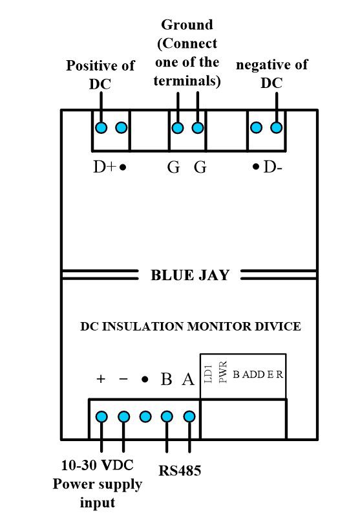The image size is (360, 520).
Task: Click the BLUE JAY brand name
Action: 190,276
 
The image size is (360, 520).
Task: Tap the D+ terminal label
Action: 105,167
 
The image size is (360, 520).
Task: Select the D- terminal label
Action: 273,167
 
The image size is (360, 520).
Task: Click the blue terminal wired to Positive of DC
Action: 101,127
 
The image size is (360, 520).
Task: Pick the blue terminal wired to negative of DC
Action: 277,127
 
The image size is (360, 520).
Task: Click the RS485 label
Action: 180,471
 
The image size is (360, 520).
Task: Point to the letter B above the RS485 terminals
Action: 166,379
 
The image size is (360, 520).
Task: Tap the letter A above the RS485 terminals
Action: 188,379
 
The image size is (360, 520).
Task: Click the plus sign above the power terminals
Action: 101,379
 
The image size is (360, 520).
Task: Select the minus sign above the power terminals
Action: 123,379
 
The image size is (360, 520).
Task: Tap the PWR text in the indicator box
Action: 223,373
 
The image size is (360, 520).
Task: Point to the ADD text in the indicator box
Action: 253,374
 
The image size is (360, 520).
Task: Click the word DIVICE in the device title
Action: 278,327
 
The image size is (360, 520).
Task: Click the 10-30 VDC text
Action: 98,465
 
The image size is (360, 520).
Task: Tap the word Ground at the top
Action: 187,25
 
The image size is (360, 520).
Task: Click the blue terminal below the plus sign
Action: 101,417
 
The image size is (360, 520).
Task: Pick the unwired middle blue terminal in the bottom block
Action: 145,417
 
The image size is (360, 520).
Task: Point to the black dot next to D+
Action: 123,167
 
